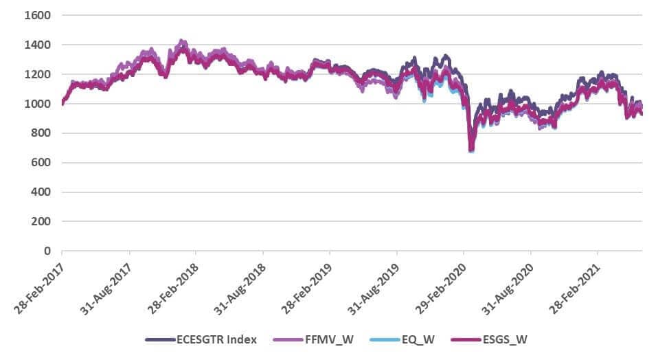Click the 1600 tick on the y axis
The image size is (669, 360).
pyautogui.click(x=36, y=15)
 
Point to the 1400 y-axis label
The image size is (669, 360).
pyautogui.click(x=36, y=45)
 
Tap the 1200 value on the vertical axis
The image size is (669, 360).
pyautogui.click(x=36, y=74)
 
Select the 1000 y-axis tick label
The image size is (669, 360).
pyautogui.click(x=36, y=104)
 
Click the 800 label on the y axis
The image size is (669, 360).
pyautogui.click(x=38, y=133)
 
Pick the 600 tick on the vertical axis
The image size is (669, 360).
pyautogui.click(x=38, y=163)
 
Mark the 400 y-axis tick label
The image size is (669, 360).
pyautogui.click(x=38, y=192)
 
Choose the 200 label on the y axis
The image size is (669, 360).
pyautogui.click(x=38, y=222)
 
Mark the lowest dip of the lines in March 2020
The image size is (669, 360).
pyautogui.click(x=471, y=149)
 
